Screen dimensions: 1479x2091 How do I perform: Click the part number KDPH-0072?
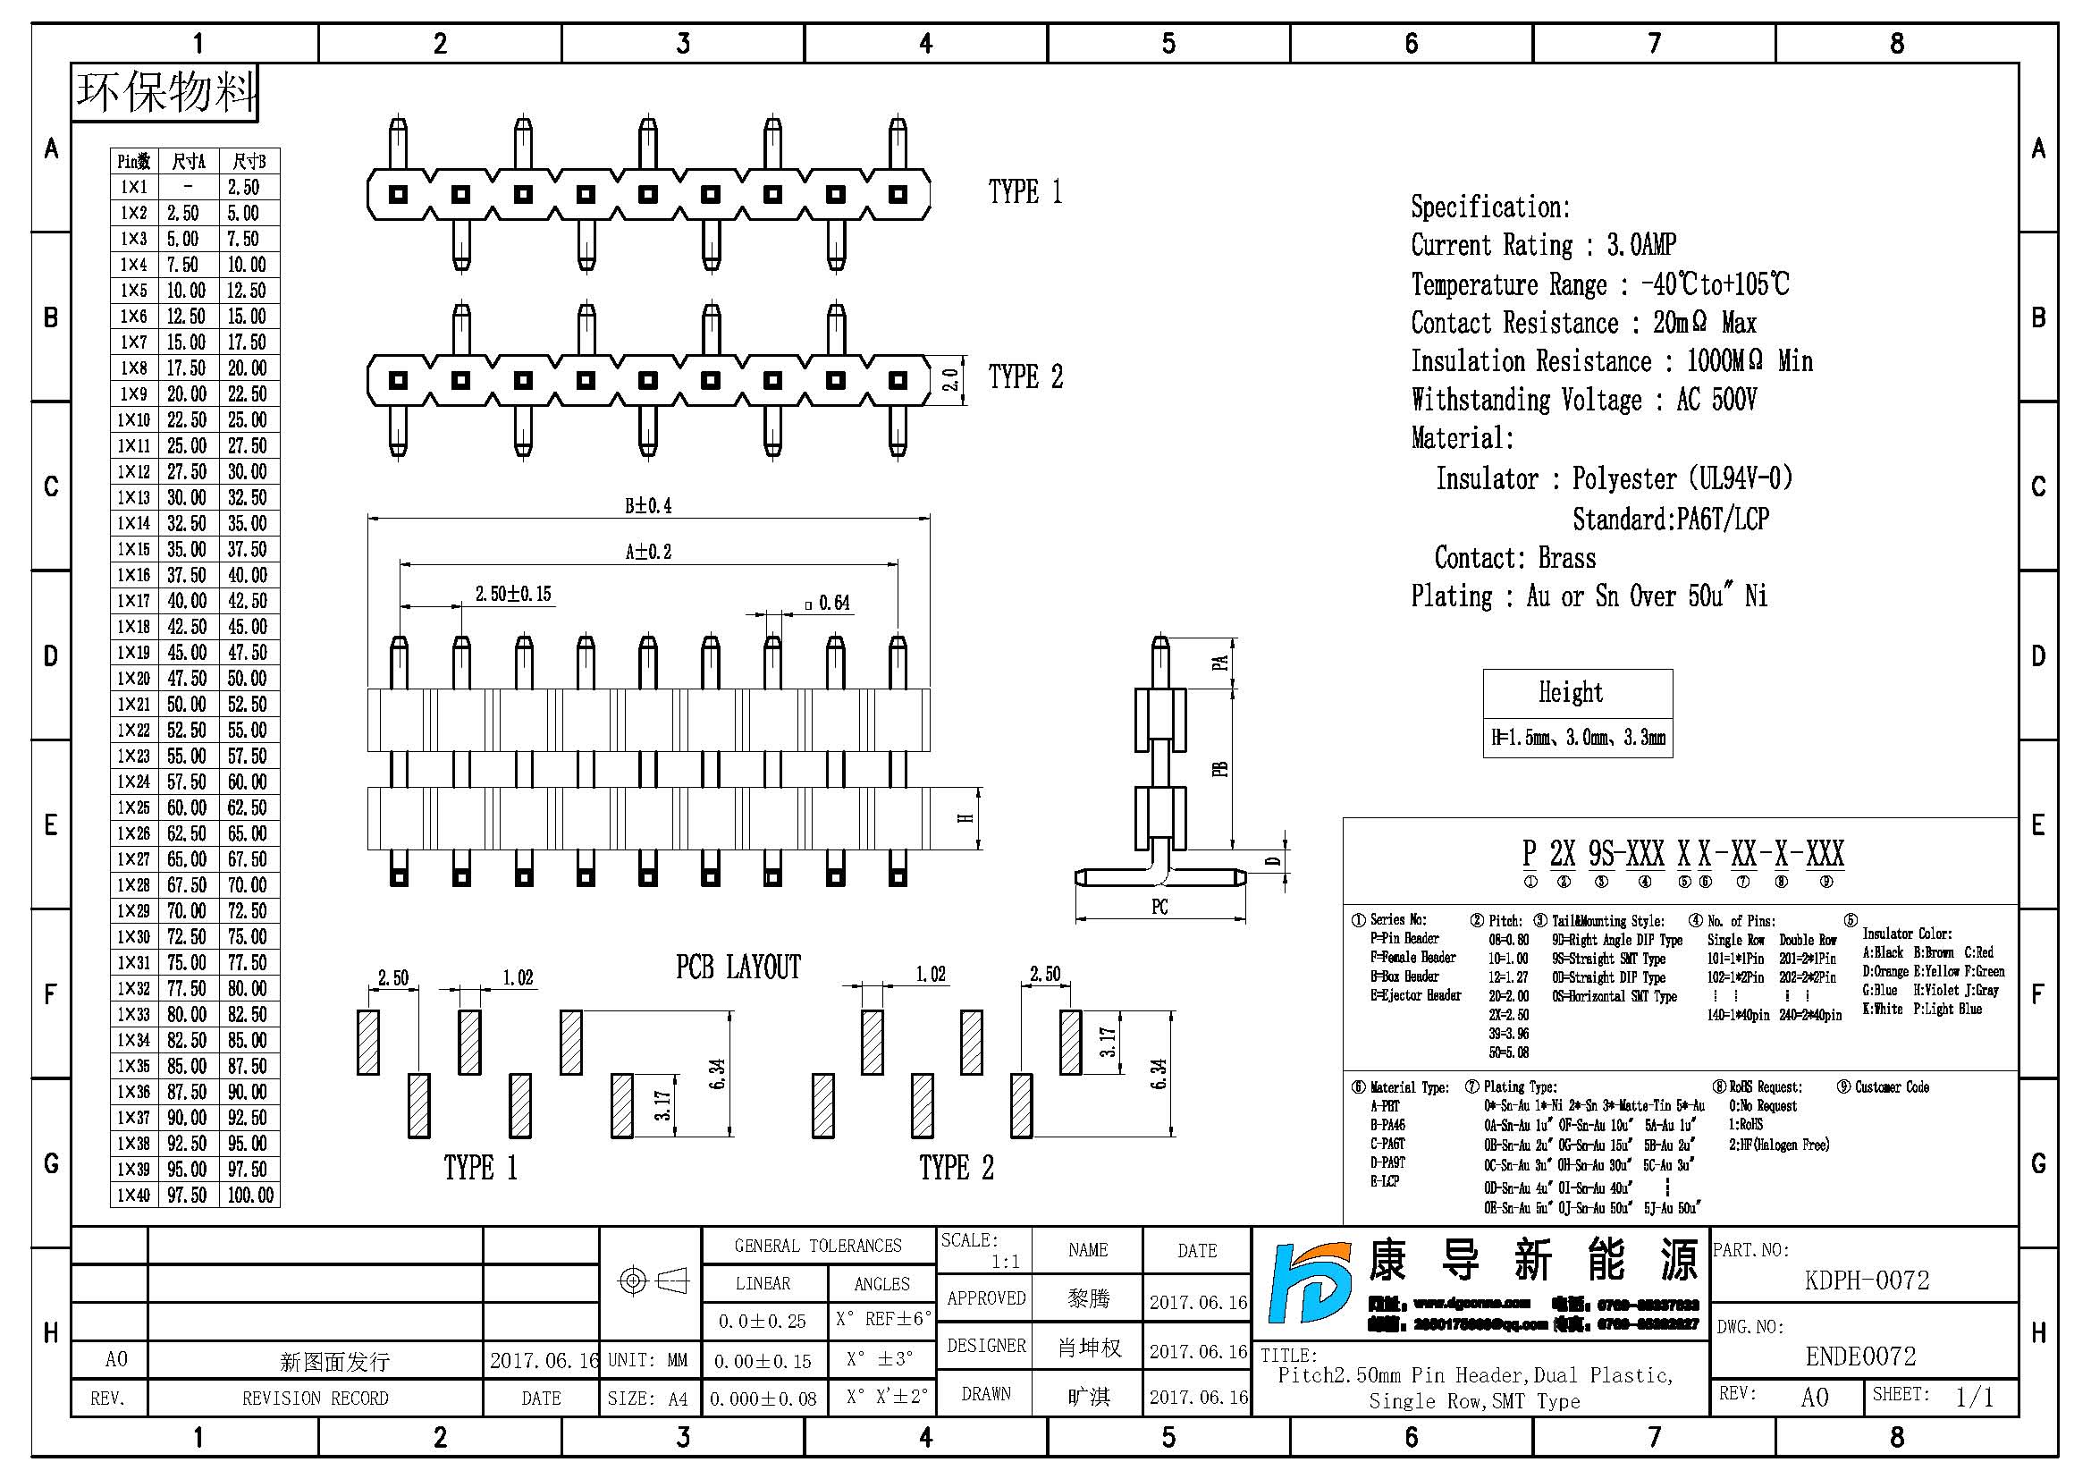click(1866, 1280)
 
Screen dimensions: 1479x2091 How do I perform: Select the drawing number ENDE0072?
click(1860, 1357)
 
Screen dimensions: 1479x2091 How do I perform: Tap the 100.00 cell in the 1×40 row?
click(249, 1195)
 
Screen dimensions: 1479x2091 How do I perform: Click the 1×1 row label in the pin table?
click(134, 188)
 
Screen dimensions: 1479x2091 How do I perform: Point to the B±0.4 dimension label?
click(648, 506)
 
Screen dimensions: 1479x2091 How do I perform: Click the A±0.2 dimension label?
click(648, 552)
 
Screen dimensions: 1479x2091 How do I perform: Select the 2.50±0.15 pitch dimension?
click(513, 595)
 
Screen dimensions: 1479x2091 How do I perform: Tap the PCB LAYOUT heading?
click(738, 968)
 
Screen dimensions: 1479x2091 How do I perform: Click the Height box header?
click(1570, 693)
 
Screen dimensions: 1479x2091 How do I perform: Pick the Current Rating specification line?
click(1543, 245)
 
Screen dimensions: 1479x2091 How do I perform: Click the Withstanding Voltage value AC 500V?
click(1716, 400)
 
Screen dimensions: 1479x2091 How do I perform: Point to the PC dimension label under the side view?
click(1159, 907)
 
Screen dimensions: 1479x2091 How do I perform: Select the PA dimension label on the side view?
click(1220, 663)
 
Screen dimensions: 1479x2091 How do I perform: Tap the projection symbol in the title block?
click(652, 1281)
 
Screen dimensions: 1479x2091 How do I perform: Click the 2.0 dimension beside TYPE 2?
click(950, 380)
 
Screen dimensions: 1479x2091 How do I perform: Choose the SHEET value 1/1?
click(1974, 1397)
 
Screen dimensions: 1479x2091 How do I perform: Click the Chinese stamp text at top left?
click(164, 92)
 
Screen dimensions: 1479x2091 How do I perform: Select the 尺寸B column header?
click(249, 162)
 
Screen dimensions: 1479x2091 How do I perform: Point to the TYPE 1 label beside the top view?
click(1024, 192)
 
